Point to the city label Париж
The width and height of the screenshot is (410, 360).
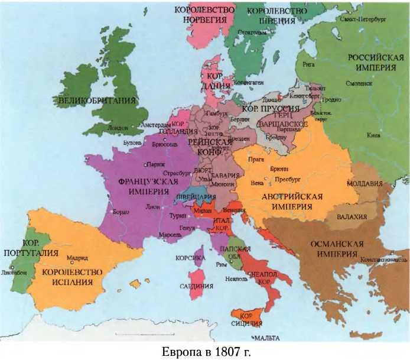[155, 164]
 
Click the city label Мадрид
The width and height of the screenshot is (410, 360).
[77, 258]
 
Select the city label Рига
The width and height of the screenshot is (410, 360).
[308, 63]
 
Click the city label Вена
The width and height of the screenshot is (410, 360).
[256, 183]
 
